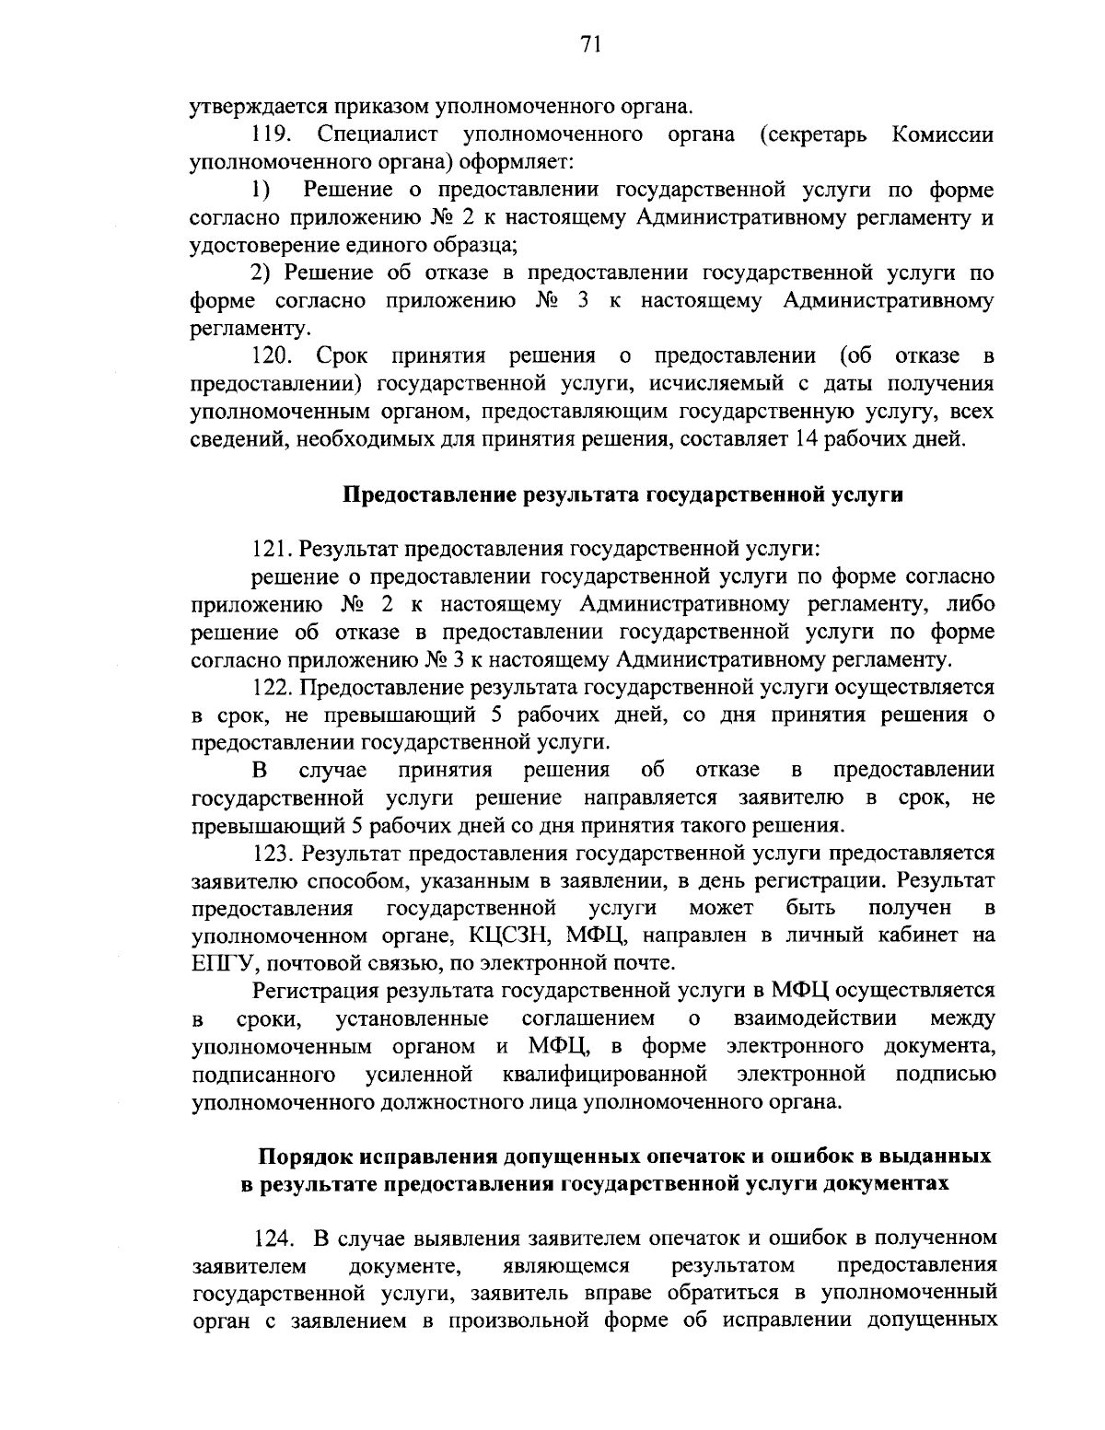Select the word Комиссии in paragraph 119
point(943,135)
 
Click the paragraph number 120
point(273,355)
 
